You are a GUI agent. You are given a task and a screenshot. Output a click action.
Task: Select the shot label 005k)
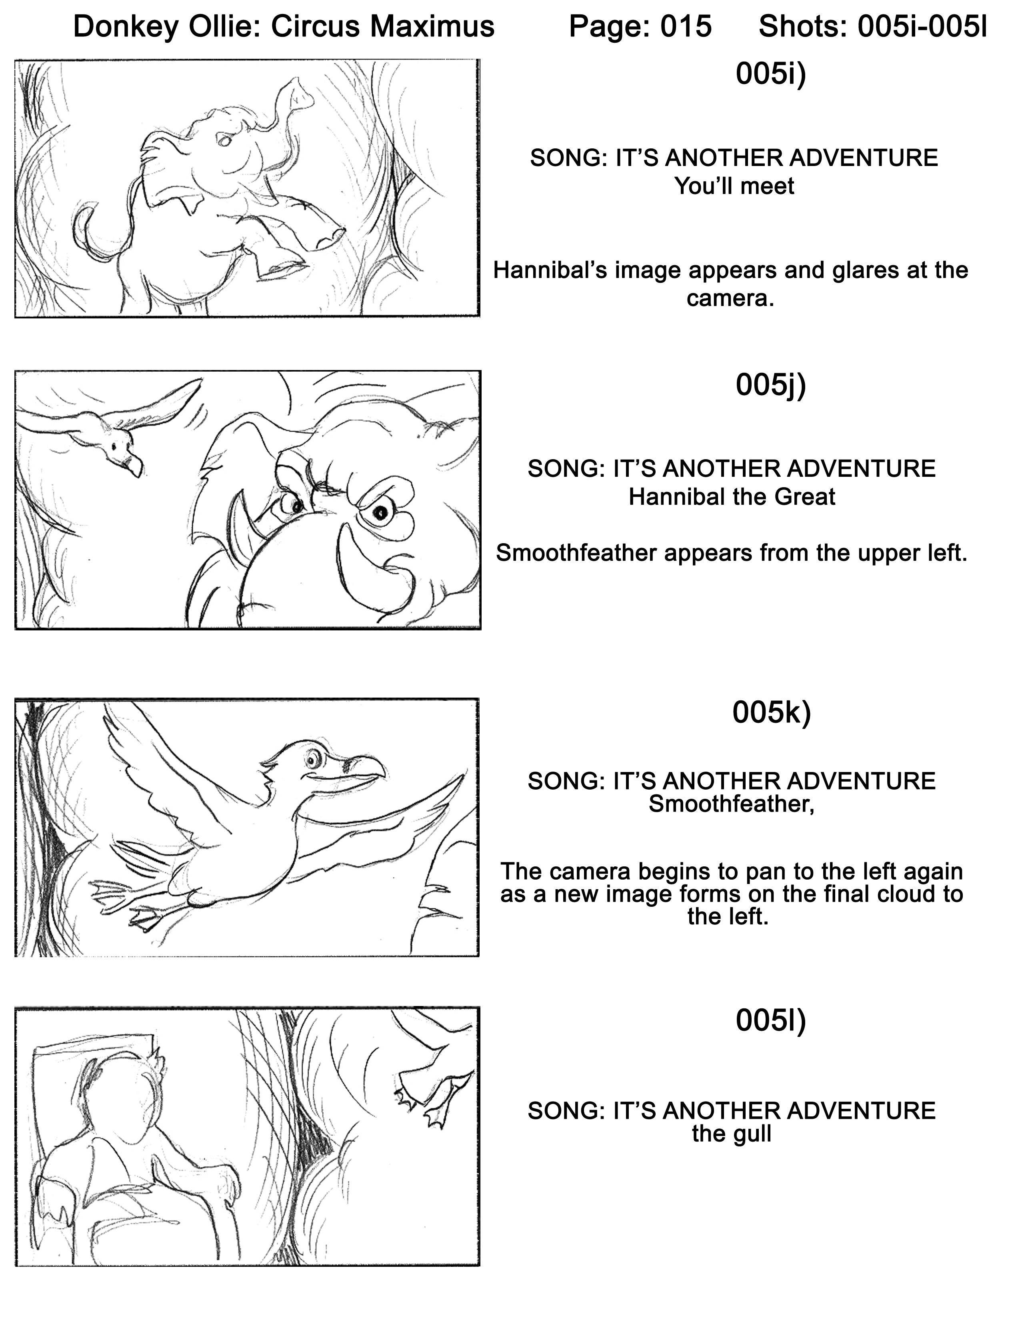pyautogui.click(x=771, y=712)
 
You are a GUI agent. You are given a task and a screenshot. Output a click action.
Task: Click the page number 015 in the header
pyautogui.click(x=686, y=26)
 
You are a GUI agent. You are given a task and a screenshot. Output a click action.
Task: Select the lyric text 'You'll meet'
pyautogui.click(x=734, y=186)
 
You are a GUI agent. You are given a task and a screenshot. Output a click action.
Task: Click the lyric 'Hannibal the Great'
pyautogui.click(x=732, y=497)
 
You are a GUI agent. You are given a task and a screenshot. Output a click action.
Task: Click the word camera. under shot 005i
pyautogui.click(x=730, y=298)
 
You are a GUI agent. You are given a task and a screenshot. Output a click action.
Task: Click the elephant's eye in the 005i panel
pyautogui.click(x=225, y=140)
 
